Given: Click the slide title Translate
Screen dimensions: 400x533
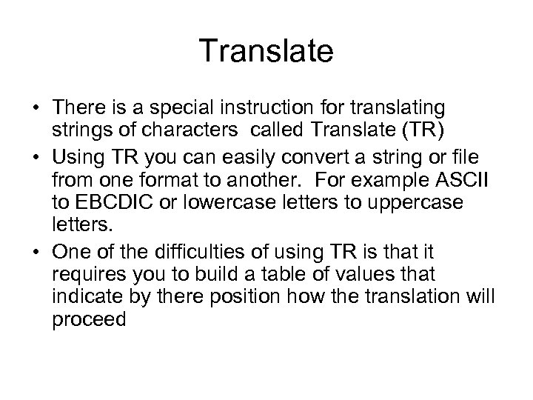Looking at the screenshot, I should click(266, 53).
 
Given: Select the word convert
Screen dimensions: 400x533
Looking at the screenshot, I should click(298, 159).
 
